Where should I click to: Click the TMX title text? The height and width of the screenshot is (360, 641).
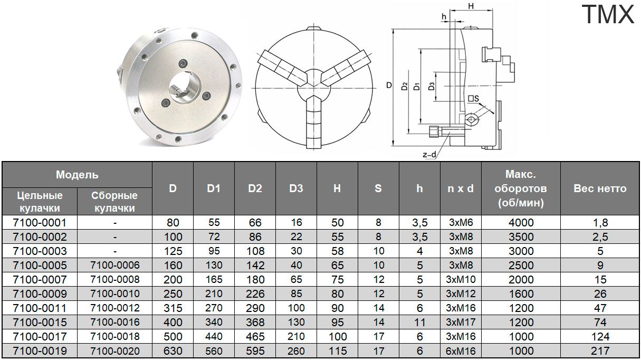608,14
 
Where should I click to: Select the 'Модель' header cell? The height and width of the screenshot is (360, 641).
77,175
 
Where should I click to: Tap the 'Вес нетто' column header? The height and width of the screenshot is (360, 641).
600,188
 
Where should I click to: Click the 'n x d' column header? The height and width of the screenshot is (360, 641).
461,188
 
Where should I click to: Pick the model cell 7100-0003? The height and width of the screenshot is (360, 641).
40,251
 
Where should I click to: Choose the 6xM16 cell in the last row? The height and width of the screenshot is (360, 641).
461,351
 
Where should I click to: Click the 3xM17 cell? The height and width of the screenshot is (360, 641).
461,322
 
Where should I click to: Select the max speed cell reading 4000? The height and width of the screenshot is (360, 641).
521,223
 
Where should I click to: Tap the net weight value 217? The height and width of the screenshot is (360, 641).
600,351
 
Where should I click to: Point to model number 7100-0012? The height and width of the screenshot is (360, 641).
115,308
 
